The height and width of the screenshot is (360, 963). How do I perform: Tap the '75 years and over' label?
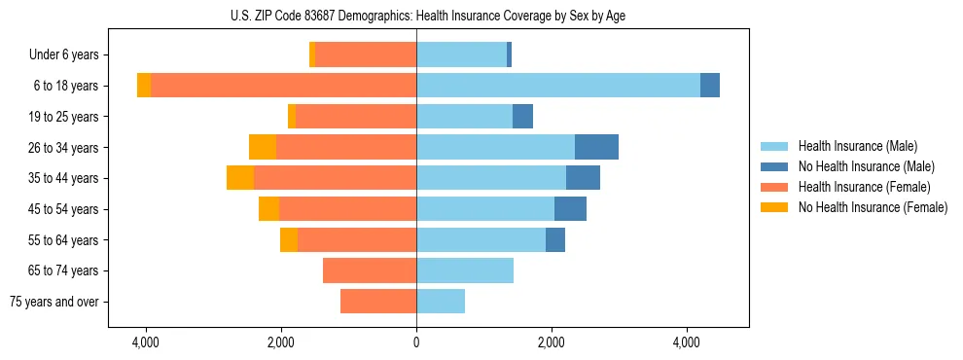coord(54,302)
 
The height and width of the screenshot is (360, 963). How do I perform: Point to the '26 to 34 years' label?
coord(61,148)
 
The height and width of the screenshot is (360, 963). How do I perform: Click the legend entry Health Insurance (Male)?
coord(857,146)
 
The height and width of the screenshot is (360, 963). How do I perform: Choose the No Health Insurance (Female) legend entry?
coord(873,207)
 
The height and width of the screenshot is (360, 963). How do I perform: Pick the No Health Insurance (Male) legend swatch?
coord(775,166)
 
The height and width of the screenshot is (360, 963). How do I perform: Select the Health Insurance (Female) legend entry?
coord(865,187)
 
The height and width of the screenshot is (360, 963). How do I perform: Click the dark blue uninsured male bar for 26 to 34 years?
coord(596,147)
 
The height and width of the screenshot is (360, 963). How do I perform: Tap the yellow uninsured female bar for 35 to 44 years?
coord(240,178)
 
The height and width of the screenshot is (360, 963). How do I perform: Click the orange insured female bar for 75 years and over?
coord(378,302)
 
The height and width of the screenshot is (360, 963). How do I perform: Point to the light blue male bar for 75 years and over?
coord(441,302)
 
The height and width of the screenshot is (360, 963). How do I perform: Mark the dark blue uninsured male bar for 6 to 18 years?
coord(710,86)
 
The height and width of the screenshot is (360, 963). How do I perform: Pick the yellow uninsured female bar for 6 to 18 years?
coord(144,86)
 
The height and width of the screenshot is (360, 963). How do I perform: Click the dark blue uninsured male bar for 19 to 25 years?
coord(522,117)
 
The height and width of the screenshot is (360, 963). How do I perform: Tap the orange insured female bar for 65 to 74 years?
coord(370,270)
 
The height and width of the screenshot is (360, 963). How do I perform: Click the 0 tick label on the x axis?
coord(416,342)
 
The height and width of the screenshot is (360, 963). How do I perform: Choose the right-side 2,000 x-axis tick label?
coord(552,342)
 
